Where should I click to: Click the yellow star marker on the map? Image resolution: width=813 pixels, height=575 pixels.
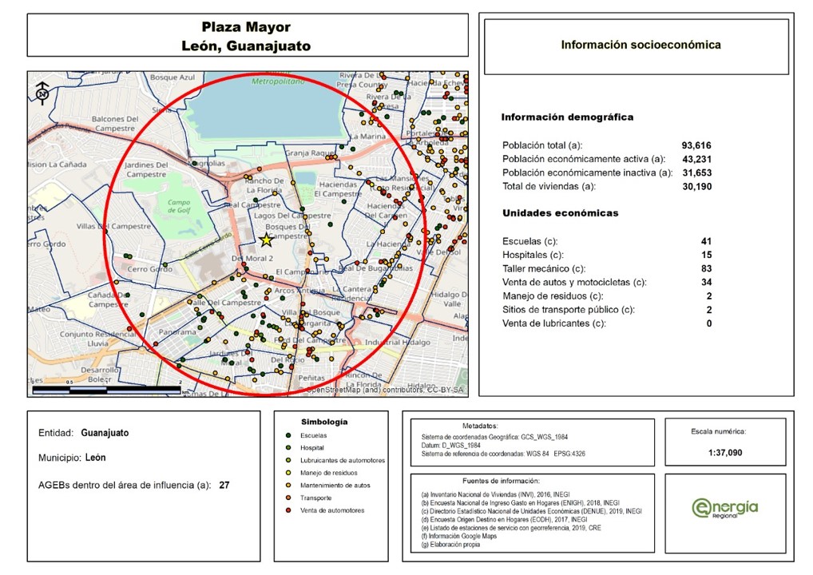(x=266, y=240)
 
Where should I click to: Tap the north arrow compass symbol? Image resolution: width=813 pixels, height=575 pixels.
(x=42, y=93)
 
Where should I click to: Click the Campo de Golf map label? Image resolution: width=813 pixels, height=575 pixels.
(x=179, y=207)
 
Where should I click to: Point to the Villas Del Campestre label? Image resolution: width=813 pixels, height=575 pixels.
(x=113, y=227)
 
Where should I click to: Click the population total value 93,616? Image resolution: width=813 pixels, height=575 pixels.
(x=696, y=145)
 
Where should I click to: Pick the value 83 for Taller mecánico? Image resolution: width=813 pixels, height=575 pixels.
(x=706, y=268)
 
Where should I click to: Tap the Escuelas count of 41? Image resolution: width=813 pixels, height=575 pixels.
(x=706, y=241)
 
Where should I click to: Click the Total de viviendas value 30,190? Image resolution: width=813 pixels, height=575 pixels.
(x=696, y=186)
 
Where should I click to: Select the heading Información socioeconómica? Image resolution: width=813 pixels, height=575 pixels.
(x=640, y=45)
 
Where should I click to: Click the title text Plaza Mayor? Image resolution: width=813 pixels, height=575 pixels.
(x=246, y=28)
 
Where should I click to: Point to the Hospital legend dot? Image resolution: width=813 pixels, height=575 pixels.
(x=288, y=448)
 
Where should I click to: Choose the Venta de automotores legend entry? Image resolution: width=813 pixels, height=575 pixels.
(x=332, y=510)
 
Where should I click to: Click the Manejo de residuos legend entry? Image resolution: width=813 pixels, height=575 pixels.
(x=328, y=473)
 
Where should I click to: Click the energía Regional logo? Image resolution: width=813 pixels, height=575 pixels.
(x=724, y=508)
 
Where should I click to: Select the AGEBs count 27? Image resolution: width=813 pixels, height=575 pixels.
(x=224, y=484)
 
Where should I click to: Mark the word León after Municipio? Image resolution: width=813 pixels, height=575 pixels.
(x=95, y=458)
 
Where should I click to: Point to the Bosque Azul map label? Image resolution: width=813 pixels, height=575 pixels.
(x=173, y=77)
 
